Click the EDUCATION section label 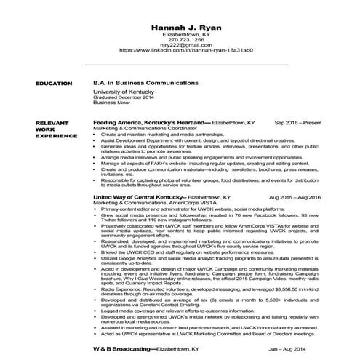(x=54, y=84)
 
